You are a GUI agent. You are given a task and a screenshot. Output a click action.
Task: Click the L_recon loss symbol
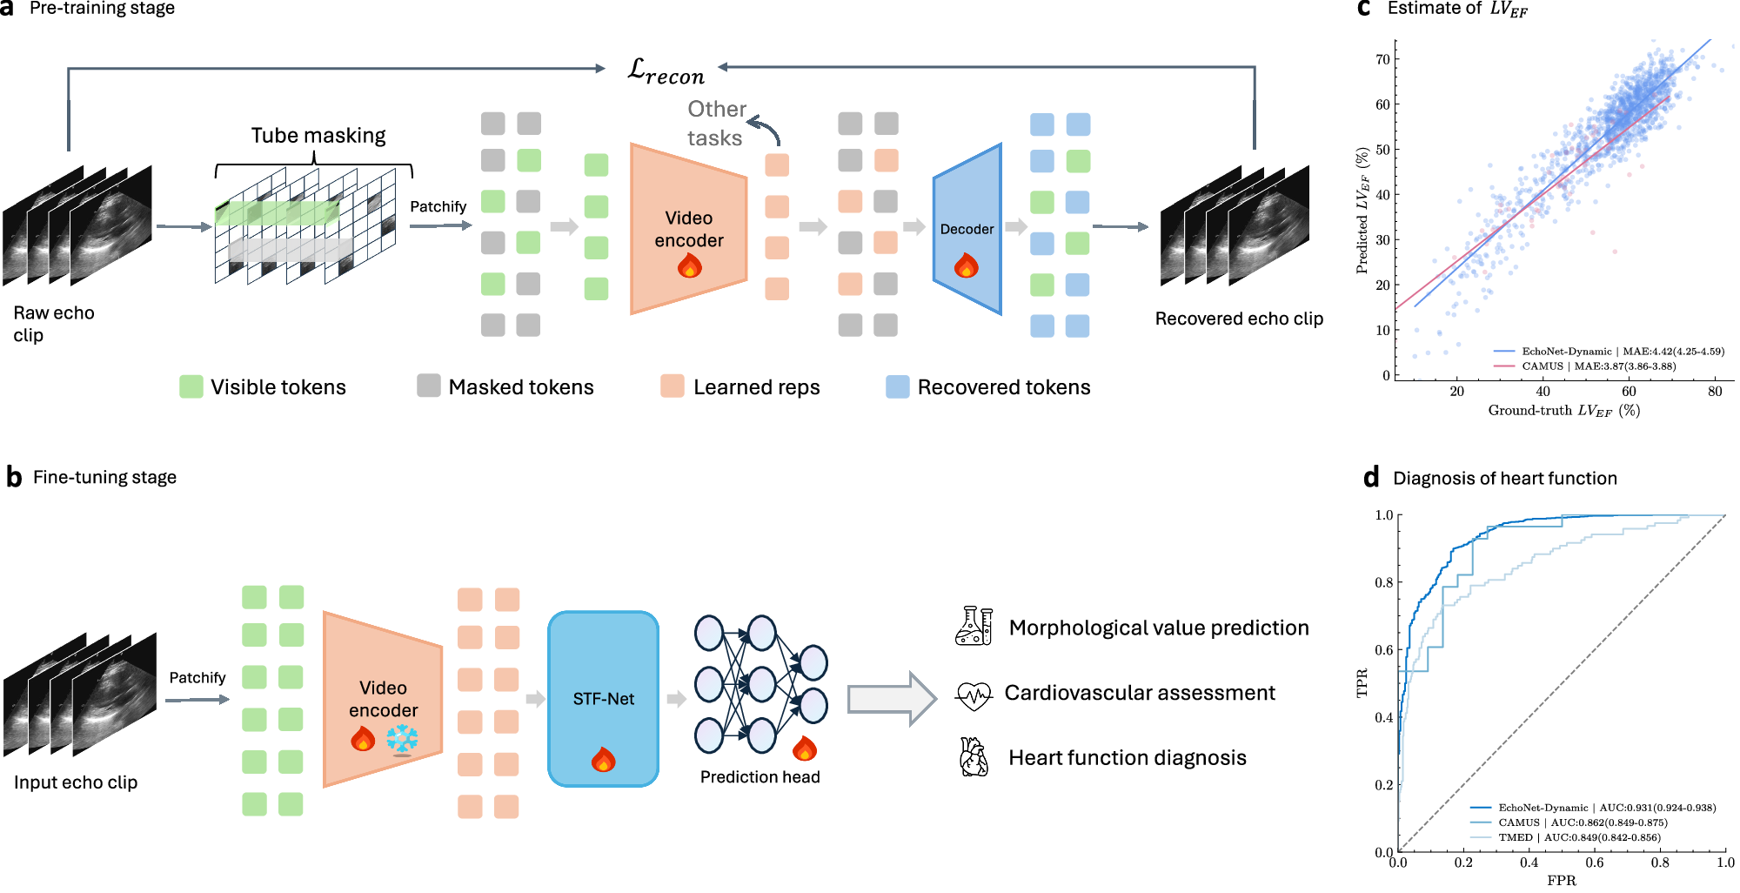666,70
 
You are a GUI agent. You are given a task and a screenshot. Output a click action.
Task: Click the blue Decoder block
967,228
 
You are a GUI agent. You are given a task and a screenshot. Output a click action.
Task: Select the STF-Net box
603,698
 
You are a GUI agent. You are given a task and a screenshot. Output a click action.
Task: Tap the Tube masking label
318,136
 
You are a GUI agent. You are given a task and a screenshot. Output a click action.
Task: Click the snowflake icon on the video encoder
402,740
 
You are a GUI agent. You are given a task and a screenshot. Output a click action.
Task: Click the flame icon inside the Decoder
967,265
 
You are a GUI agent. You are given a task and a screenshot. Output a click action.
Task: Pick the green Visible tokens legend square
191,386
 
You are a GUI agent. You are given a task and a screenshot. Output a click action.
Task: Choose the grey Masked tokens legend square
428,386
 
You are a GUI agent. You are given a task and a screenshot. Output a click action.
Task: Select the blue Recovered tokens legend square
897,386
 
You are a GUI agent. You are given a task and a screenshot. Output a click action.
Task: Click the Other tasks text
716,123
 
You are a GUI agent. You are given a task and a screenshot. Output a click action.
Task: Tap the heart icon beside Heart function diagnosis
974,757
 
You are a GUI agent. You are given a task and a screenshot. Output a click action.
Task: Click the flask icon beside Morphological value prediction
974,626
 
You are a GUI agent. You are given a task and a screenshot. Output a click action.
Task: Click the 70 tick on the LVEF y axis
1382,59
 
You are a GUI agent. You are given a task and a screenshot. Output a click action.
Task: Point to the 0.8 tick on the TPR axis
1383,582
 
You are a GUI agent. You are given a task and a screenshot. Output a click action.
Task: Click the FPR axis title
1561,880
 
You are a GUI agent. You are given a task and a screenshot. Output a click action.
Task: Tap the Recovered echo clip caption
1238,319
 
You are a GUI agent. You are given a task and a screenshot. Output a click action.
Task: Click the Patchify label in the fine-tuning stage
197,677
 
